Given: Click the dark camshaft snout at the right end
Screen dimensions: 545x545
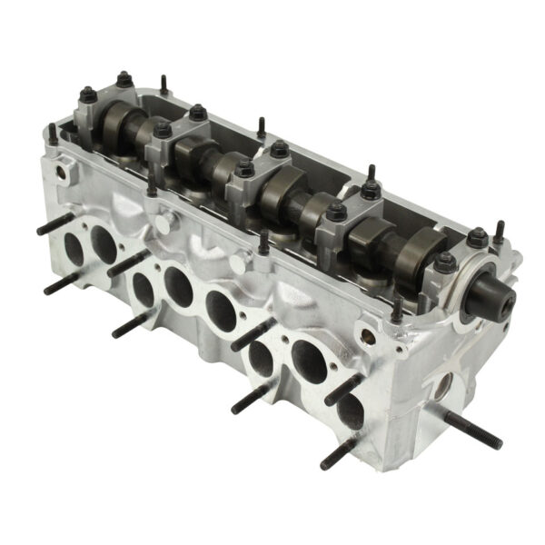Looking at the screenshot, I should [x=490, y=297].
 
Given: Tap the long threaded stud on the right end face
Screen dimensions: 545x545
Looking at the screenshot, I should [x=473, y=428].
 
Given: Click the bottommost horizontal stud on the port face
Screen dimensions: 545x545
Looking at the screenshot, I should [x=336, y=453].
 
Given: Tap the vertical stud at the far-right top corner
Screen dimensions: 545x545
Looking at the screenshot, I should [x=499, y=233].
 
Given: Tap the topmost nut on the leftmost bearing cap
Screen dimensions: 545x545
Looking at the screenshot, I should [x=124, y=79].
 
